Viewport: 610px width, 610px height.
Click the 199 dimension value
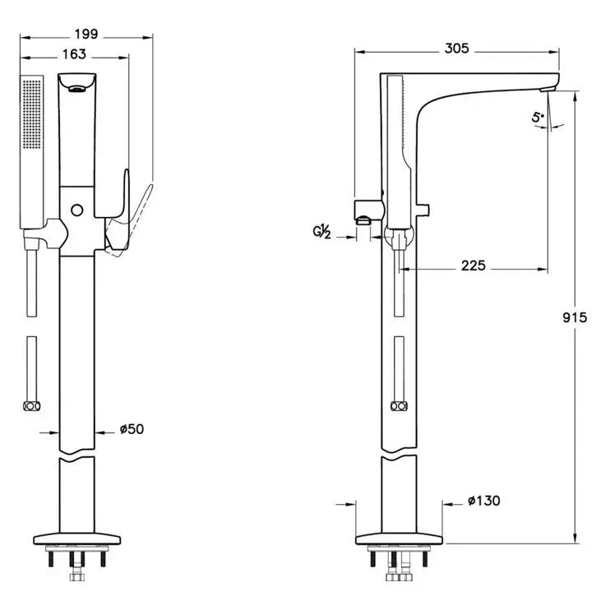[85, 34]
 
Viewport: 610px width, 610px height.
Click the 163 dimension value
[73, 54]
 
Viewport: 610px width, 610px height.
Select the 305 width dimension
[456, 49]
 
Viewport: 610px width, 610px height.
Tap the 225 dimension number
[474, 266]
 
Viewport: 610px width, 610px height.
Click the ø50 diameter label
[133, 429]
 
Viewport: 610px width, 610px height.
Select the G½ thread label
[322, 233]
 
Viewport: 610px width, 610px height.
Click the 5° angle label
[538, 118]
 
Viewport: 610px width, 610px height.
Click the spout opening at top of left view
[77, 89]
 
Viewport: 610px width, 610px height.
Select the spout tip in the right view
[550, 85]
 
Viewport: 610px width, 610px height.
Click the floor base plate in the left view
[78, 541]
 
